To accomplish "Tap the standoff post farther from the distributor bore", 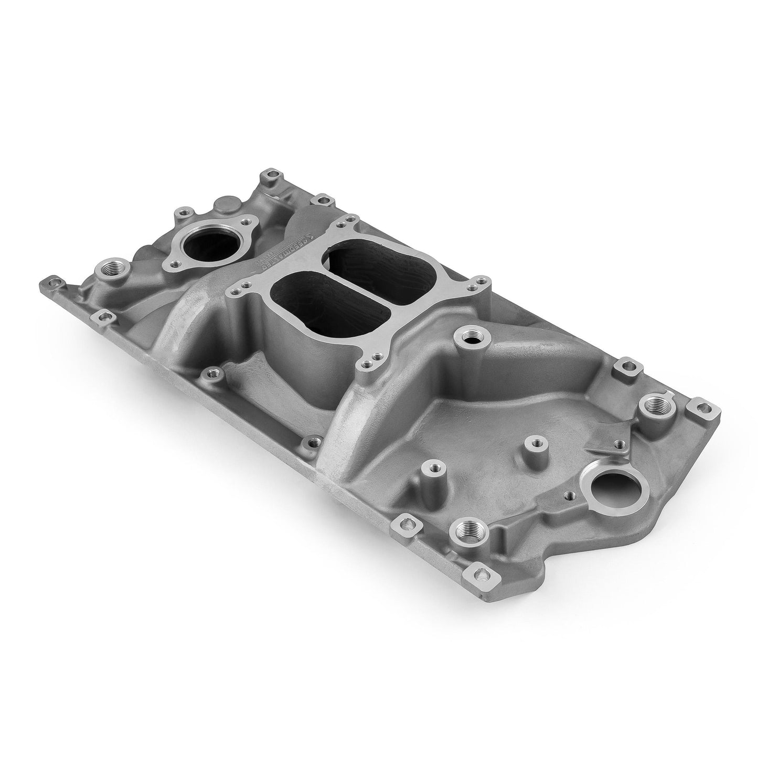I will click(x=435, y=466).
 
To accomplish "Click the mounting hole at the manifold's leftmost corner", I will click(x=50, y=283).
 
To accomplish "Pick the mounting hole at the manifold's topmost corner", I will click(x=270, y=175).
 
